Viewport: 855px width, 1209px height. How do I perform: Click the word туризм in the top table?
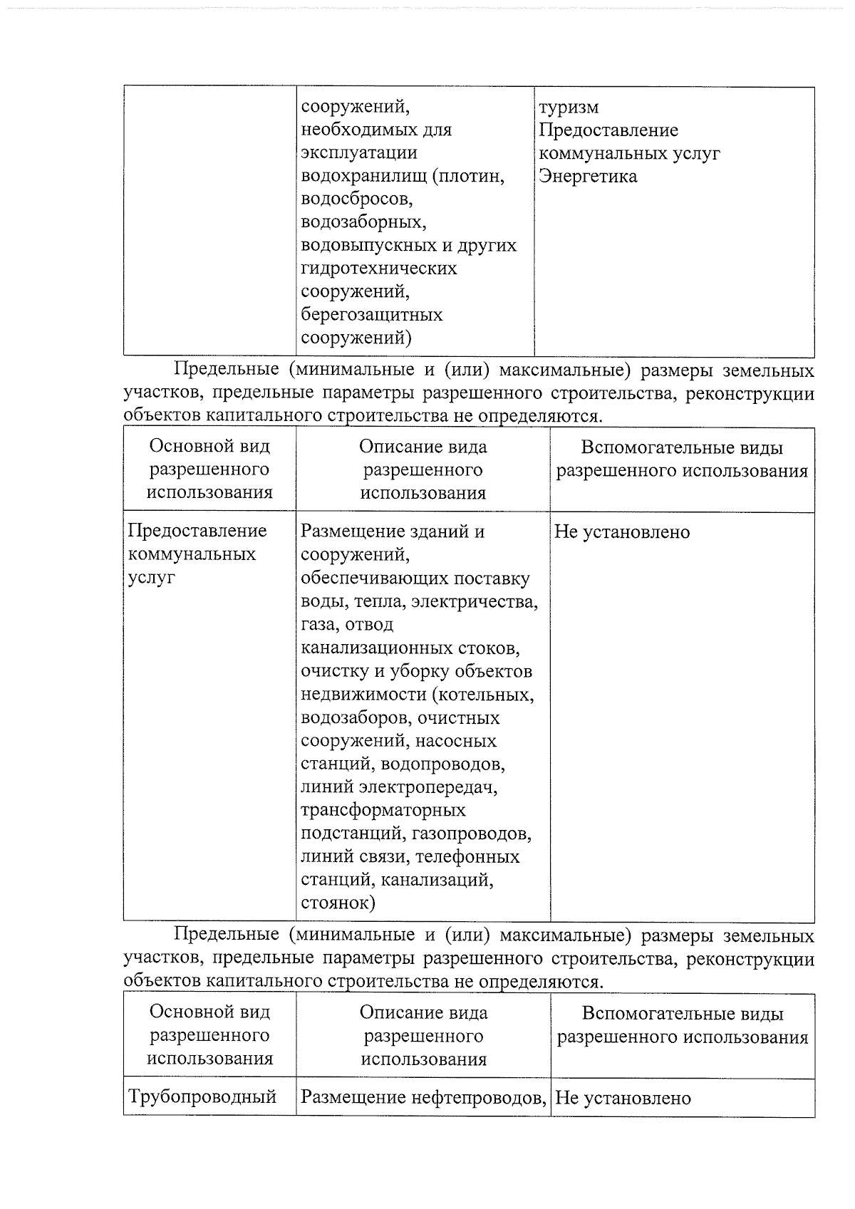[569, 108]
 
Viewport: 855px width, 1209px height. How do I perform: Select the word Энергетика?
[587, 176]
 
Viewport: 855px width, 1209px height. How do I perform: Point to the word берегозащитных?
[371, 314]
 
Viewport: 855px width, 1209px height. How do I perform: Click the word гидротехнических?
[378, 269]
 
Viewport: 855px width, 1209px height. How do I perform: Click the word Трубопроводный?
[202, 1096]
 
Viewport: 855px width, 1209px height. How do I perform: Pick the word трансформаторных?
[383, 811]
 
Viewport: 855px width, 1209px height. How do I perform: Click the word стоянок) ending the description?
[338, 903]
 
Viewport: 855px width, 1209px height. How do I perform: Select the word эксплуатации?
[358, 153]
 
